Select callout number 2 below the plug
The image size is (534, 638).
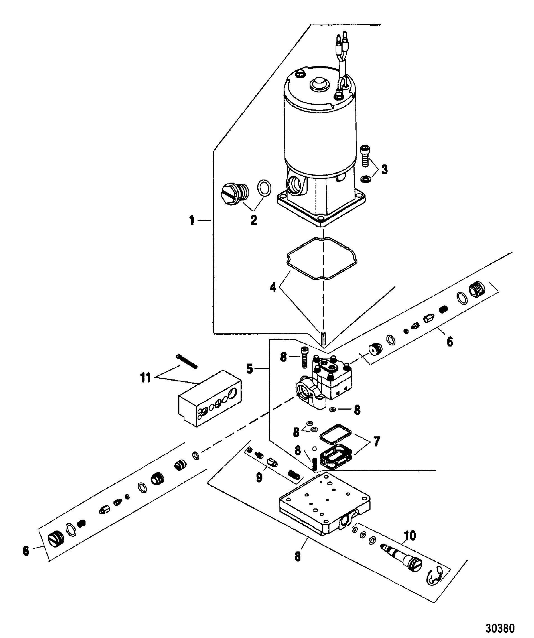coord(253,220)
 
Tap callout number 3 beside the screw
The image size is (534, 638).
coord(385,169)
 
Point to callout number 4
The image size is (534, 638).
coord(273,286)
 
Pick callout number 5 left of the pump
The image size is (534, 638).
coord(249,369)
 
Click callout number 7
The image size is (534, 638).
coord(376,442)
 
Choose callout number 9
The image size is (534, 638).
coord(259,478)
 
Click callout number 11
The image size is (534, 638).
coord(145,378)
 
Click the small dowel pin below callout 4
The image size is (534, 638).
coord(324,337)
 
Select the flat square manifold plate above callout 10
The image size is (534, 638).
coord(324,504)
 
